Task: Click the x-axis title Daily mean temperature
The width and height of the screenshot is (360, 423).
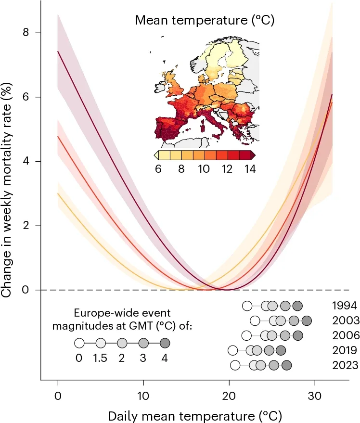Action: (x=195, y=415)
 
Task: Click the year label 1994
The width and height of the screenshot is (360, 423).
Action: (x=345, y=306)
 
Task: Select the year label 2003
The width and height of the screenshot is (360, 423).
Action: (x=345, y=320)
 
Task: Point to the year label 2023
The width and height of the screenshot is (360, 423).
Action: (x=345, y=365)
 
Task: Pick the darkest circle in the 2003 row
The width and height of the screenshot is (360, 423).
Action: (x=307, y=320)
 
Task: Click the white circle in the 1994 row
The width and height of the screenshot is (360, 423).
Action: (x=247, y=306)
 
